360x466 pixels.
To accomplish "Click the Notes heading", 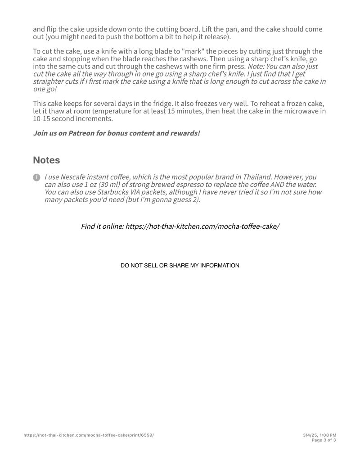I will point(46,160).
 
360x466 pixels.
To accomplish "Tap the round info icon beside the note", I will point(36,177).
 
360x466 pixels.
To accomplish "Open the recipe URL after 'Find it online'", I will point(202,226).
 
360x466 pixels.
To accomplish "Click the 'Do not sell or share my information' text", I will point(180,266).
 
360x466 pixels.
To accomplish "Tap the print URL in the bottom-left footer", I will point(89,435).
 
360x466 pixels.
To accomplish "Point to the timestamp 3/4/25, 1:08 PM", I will point(319,435).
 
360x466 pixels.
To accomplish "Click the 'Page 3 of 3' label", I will point(324,440).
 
